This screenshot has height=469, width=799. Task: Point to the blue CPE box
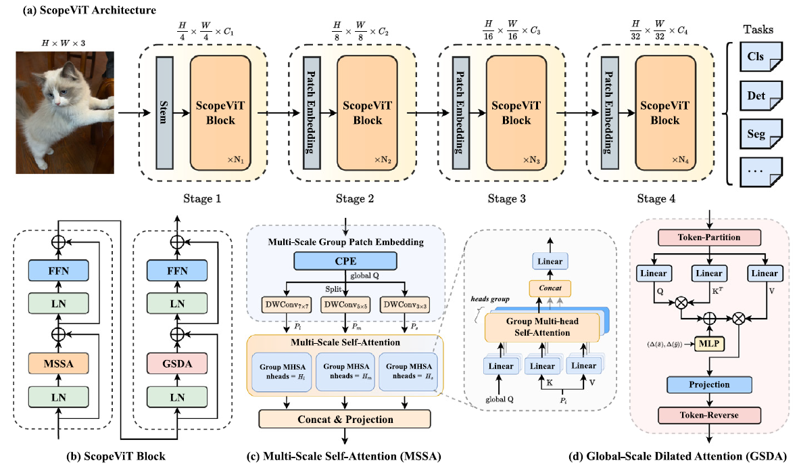[345, 262]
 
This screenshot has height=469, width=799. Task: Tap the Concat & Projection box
[345, 419]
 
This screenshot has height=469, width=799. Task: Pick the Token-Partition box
[708, 238]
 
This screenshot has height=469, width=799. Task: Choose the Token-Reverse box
[708, 414]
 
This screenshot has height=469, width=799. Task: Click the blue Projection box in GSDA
[708, 384]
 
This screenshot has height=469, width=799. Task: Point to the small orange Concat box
[550, 287]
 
